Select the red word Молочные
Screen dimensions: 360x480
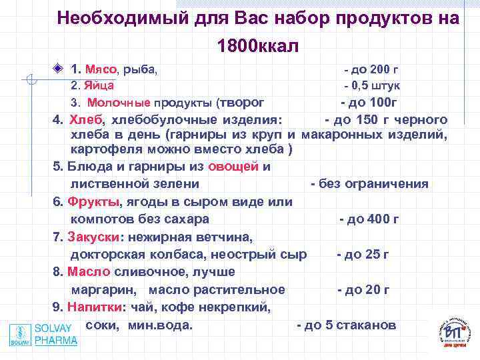point(119,103)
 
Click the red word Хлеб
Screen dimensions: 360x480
point(86,120)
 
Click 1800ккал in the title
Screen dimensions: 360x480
point(257,46)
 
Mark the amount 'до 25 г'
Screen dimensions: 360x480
point(366,254)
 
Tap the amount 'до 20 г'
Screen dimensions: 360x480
point(366,289)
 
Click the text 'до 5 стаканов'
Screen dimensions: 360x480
point(350,325)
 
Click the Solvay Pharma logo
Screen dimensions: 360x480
point(44,334)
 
